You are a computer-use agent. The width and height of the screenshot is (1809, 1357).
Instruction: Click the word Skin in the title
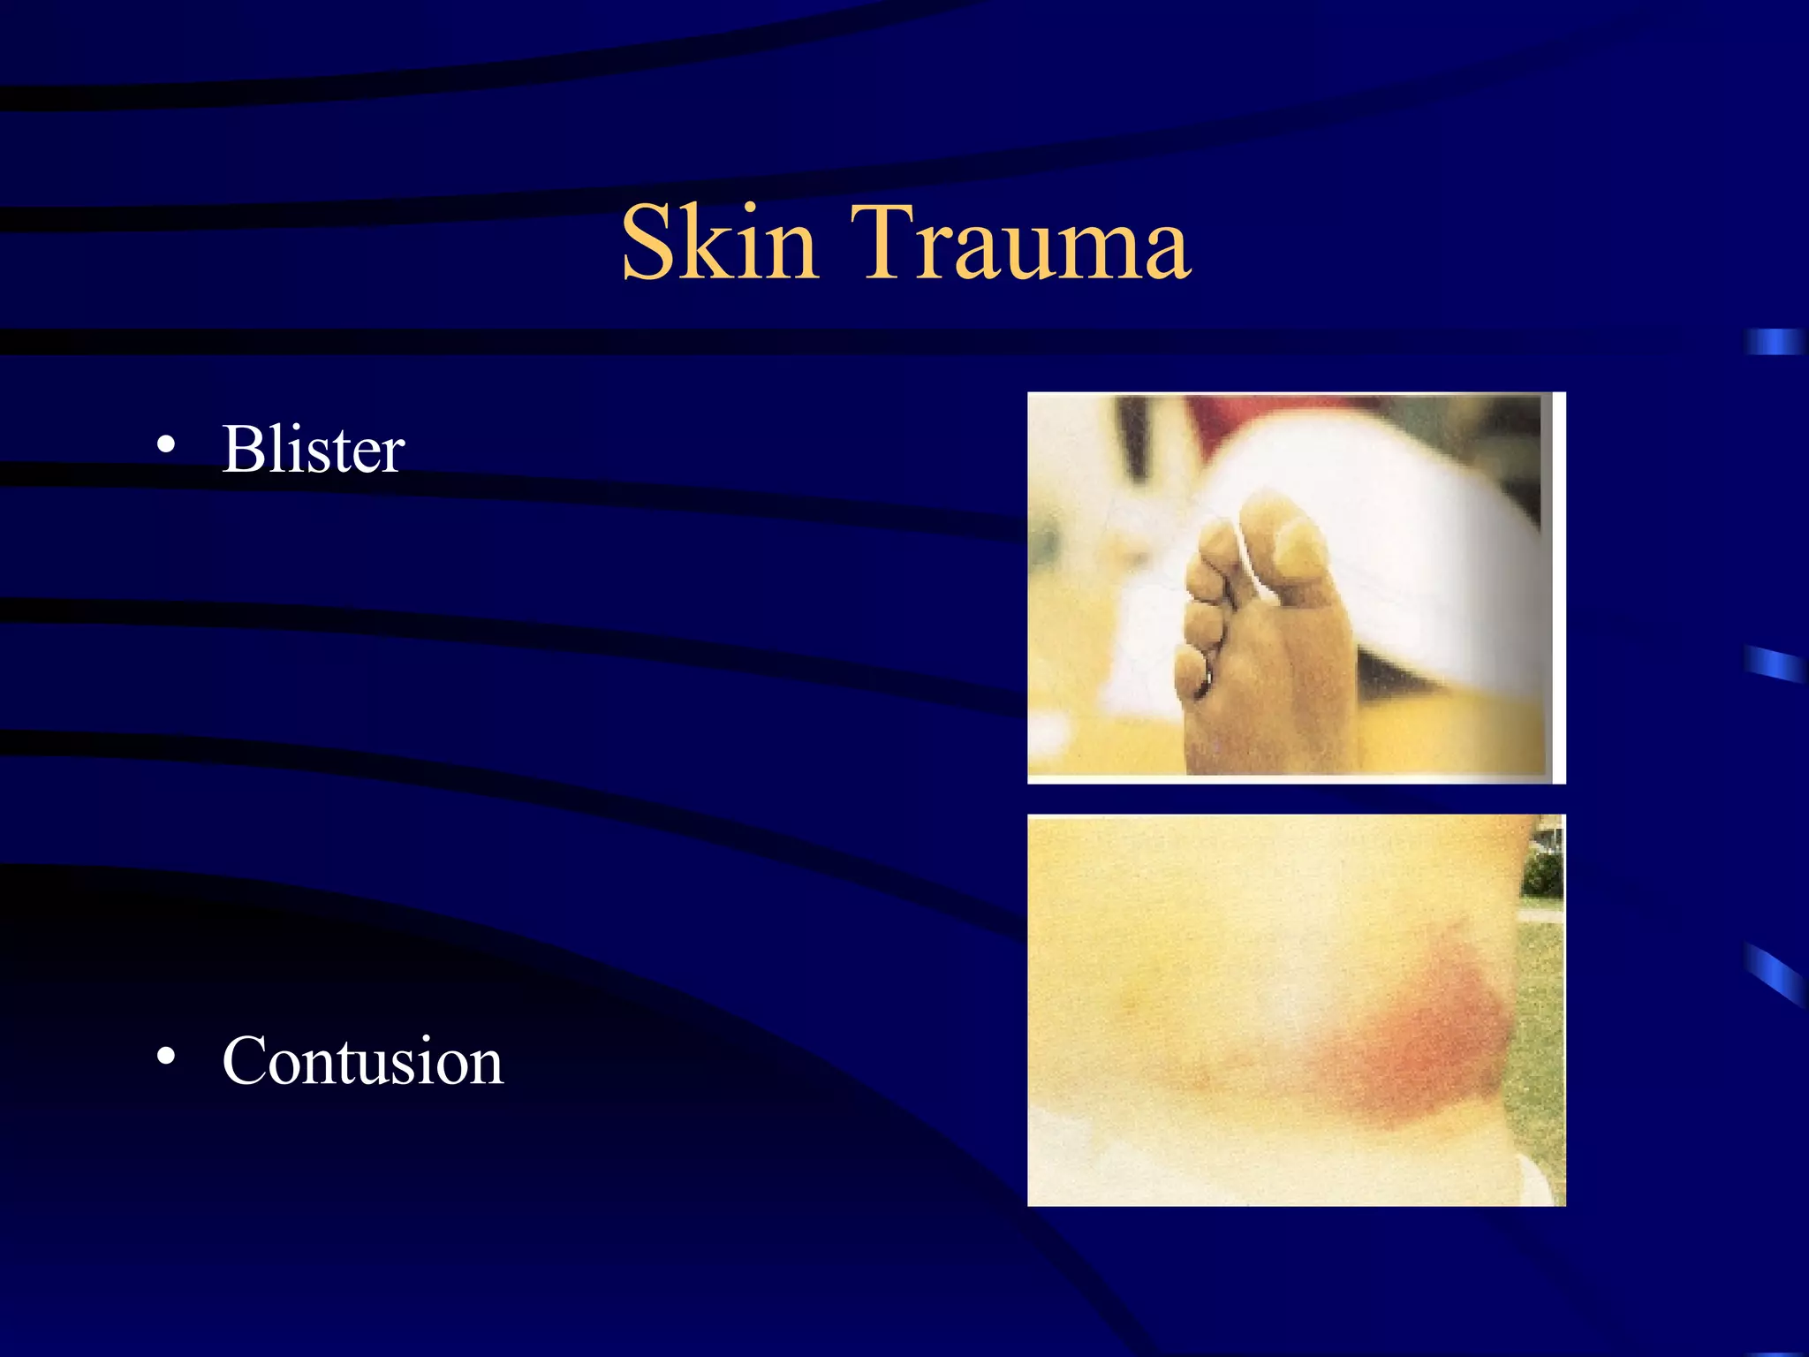(719, 242)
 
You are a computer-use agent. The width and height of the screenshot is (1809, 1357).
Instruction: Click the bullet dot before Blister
(165, 446)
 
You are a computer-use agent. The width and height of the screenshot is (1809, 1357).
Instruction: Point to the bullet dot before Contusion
(165, 1057)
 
